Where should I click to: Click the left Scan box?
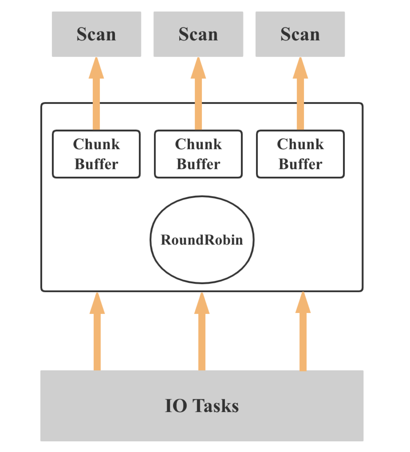pos(96,34)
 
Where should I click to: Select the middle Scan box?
pos(198,34)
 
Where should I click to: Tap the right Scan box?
pos(300,34)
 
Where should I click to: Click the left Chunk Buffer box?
pos(96,154)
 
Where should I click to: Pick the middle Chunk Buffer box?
pos(198,154)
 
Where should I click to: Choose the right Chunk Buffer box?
pos(300,154)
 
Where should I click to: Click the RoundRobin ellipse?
pos(202,240)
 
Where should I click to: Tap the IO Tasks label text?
pos(202,406)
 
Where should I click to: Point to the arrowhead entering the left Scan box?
pos(96,69)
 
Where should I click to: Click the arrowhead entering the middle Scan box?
pos(198,69)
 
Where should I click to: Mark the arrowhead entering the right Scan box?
pos(300,69)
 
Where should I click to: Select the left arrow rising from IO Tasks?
pos(97,336)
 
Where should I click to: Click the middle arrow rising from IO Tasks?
pos(202,336)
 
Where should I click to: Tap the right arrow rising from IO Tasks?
pos(303,336)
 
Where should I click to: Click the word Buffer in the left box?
pos(96,164)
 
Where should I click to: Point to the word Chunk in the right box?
pos(300,144)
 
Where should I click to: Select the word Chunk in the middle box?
pos(198,144)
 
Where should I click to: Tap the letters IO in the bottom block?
pos(176,406)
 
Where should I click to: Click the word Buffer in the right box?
pos(300,164)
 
